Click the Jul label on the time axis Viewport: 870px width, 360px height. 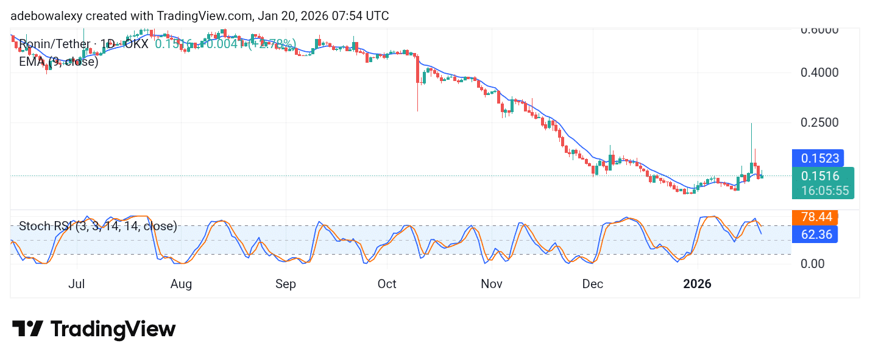point(77,284)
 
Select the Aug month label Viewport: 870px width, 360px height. point(182,284)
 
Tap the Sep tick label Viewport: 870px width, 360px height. point(286,284)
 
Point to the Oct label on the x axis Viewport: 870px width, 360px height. point(387,284)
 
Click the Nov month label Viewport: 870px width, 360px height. point(492,284)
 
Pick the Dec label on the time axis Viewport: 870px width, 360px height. point(593,284)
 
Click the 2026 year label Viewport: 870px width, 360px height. point(698,284)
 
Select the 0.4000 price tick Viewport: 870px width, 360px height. point(820,72)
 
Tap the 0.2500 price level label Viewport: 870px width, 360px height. point(820,122)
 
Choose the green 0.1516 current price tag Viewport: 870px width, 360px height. point(821,176)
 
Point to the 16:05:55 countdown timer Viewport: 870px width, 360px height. point(825,190)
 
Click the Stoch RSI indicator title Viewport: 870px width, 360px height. point(98,227)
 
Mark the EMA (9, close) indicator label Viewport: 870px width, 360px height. point(58,62)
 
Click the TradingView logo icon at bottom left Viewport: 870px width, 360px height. point(27,329)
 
